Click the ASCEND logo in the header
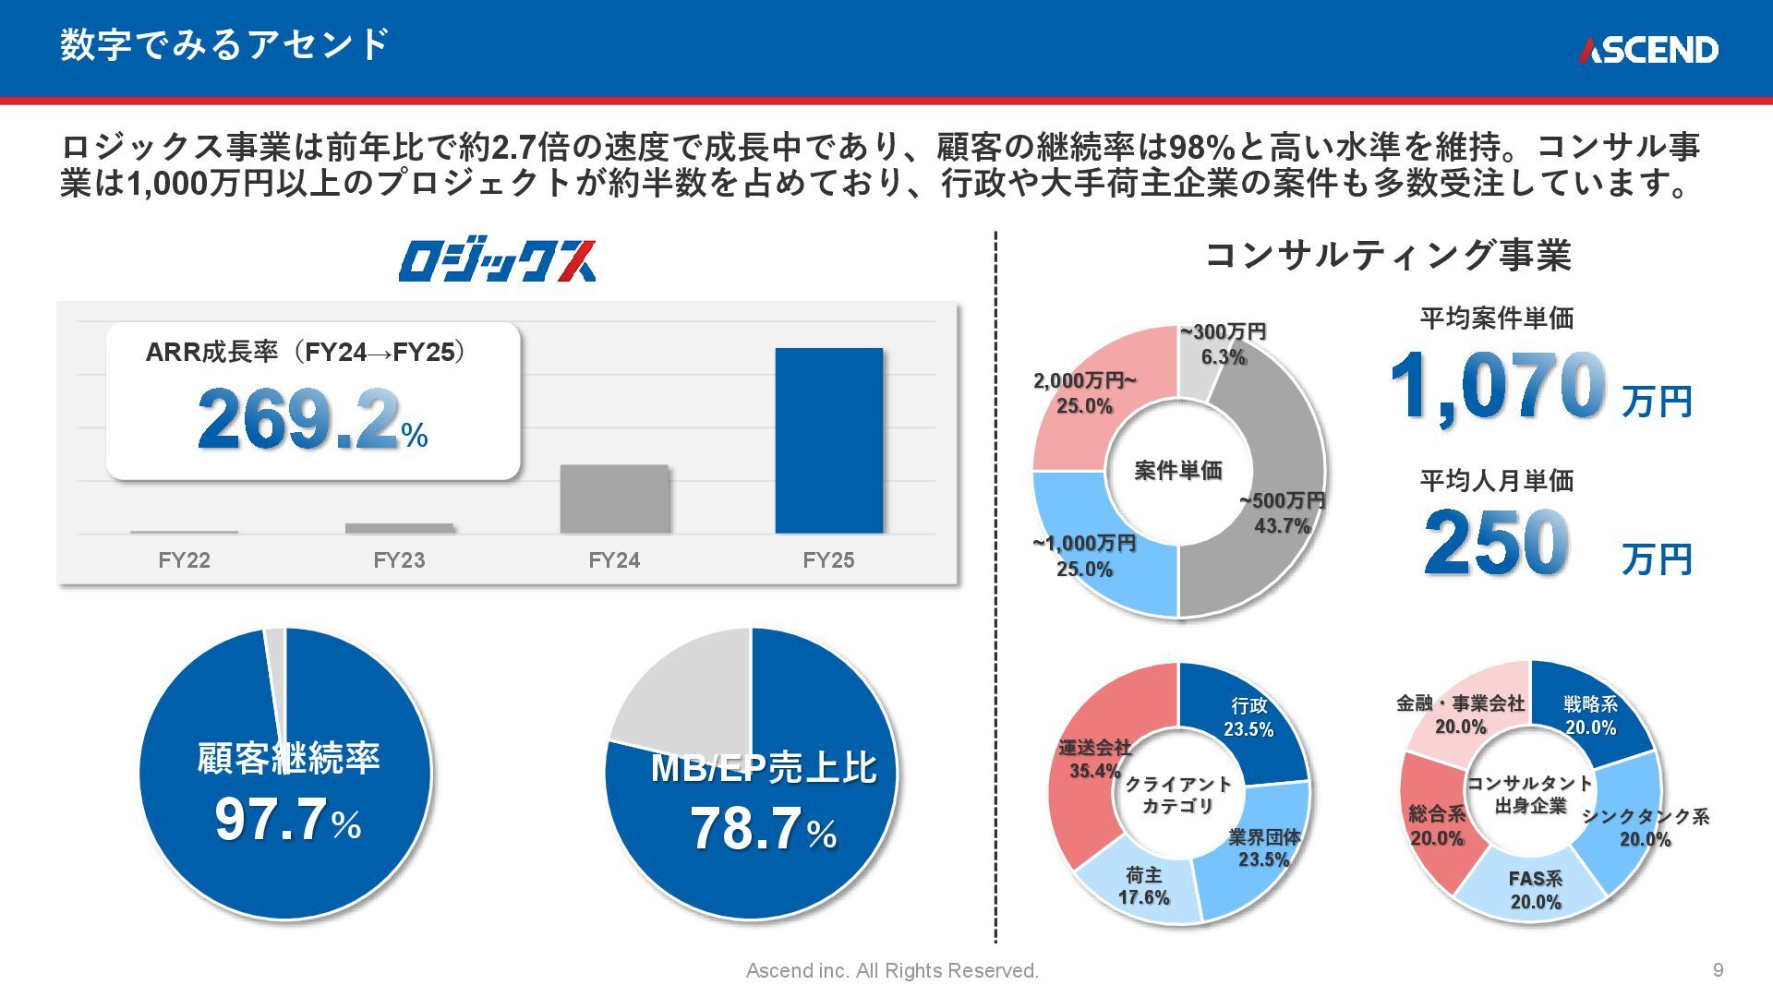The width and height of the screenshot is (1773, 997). point(1647,50)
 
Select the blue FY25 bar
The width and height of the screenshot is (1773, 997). point(828,440)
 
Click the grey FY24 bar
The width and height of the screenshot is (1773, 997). point(614,498)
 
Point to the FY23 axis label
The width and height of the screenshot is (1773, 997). point(399,560)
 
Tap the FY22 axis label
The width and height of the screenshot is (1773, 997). point(184,560)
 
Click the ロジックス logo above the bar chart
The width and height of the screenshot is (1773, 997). point(497,261)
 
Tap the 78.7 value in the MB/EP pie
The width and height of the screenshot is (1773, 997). point(746,828)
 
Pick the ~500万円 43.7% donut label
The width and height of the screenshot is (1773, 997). point(1282,513)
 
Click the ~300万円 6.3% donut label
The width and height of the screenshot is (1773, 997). point(1224,344)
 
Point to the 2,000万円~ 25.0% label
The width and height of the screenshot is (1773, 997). point(1084,393)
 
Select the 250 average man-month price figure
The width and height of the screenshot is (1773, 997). point(1496,543)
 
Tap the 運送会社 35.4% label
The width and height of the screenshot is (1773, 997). point(1094,759)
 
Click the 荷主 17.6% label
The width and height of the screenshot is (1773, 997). point(1143,885)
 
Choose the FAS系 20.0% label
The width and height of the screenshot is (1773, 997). point(1536,890)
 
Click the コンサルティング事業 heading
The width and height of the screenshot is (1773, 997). point(1388,255)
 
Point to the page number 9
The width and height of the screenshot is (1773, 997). point(1718,970)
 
